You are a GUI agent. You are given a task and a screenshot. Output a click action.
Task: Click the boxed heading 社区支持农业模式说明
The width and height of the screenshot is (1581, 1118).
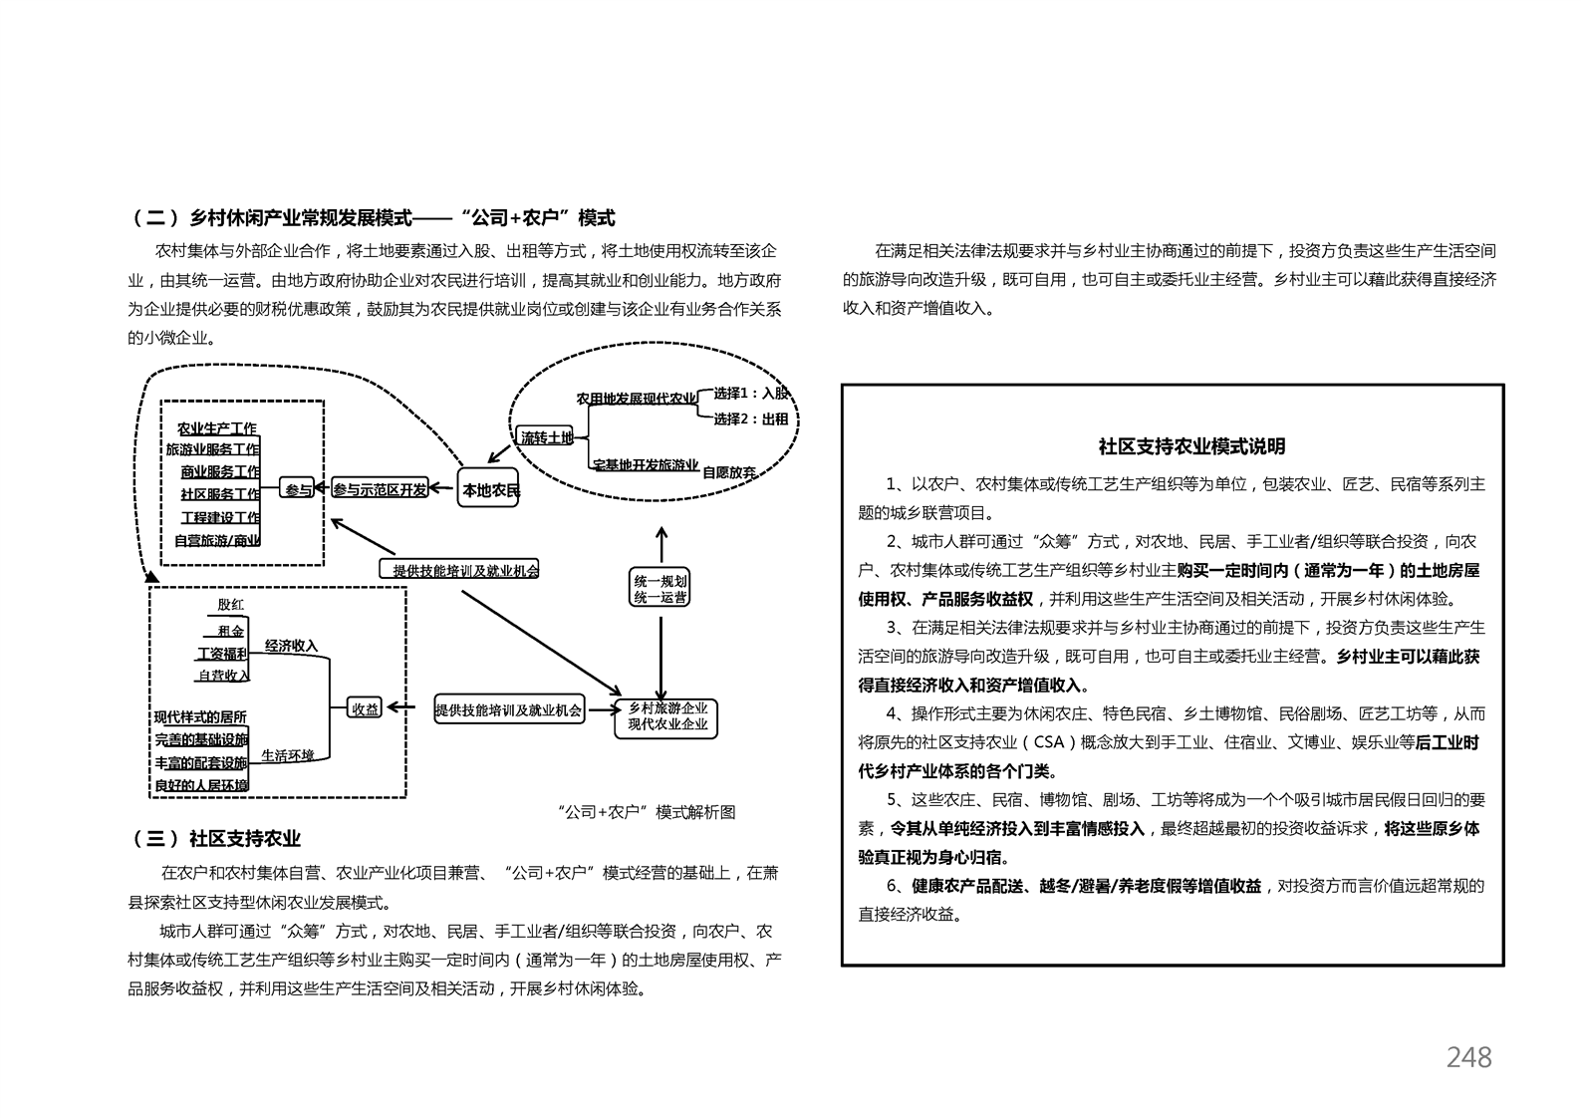pyautogui.click(x=1192, y=446)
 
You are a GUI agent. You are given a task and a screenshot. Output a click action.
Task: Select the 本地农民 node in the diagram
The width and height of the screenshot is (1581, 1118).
pyautogui.click(x=488, y=488)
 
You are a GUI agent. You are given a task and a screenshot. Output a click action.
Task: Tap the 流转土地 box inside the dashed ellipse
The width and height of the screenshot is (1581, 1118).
pyautogui.click(x=545, y=437)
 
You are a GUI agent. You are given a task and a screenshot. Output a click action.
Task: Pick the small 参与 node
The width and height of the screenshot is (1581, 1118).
pyautogui.click(x=298, y=488)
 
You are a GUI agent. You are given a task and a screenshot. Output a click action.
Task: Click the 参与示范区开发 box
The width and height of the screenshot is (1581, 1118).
pyautogui.click(x=381, y=488)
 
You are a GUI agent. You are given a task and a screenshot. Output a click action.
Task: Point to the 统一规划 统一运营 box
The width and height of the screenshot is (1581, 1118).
pyautogui.click(x=659, y=588)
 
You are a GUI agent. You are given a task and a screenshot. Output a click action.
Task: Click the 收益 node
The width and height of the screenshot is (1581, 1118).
pyautogui.click(x=365, y=707)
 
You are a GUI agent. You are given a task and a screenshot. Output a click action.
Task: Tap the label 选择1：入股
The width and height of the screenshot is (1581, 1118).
pyautogui.click(x=751, y=394)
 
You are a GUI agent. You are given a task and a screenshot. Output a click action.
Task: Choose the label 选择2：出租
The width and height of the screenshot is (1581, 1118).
pyautogui.click(x=751, y=419)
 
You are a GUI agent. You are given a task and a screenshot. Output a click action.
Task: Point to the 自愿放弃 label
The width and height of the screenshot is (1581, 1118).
pyautogui.click(x=728, y=473)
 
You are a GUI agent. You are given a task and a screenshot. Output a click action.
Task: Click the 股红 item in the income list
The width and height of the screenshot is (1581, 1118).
pyautogui.click(x=231, y=605)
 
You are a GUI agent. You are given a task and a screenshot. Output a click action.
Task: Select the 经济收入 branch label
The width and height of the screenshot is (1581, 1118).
pyautogui.click(x=292, y=645)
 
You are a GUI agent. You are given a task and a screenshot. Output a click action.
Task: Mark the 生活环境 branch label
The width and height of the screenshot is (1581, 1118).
pyautogui.click(x=287, y=756)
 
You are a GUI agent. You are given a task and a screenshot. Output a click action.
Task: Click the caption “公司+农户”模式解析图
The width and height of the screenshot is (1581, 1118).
pyautogui.click(x=646, y=812)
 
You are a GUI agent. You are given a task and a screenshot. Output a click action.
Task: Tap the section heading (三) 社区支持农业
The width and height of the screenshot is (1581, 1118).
pyautogui.click(x=216, y=839)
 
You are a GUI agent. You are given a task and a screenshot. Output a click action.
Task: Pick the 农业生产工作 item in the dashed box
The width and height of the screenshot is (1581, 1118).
pyautogui.click(x=217, y=428)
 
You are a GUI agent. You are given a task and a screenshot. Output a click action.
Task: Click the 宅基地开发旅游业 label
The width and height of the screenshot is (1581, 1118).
pyautogui.click(x=646, y=464)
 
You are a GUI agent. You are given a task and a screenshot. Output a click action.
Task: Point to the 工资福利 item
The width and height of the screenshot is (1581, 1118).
pyautogui.click(x=222, y=654)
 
